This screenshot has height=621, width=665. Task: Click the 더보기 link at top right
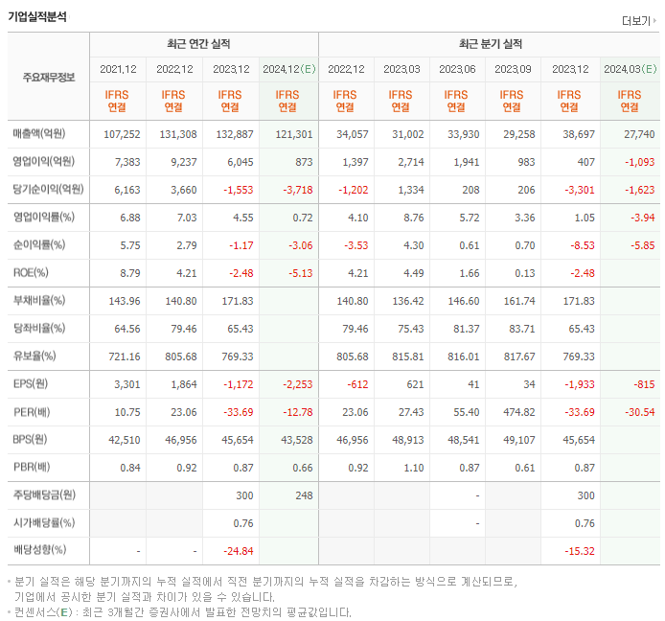[x=636, y=21]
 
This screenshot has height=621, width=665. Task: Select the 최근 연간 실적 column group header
[x=203, y=44]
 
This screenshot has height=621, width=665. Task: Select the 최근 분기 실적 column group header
[x=490, y=44]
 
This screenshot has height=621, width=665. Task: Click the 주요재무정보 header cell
[x=49, y=78]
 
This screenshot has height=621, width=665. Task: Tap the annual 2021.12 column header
[x=118, y=69]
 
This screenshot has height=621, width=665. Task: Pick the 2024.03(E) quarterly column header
[x=630, y=69]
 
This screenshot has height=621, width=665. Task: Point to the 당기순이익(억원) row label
[x=49, y=189]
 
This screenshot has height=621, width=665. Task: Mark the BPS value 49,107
[x=514, y=440]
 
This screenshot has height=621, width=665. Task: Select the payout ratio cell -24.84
[x=233, y=551]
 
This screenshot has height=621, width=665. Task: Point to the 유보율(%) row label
[x=35, y=356]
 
